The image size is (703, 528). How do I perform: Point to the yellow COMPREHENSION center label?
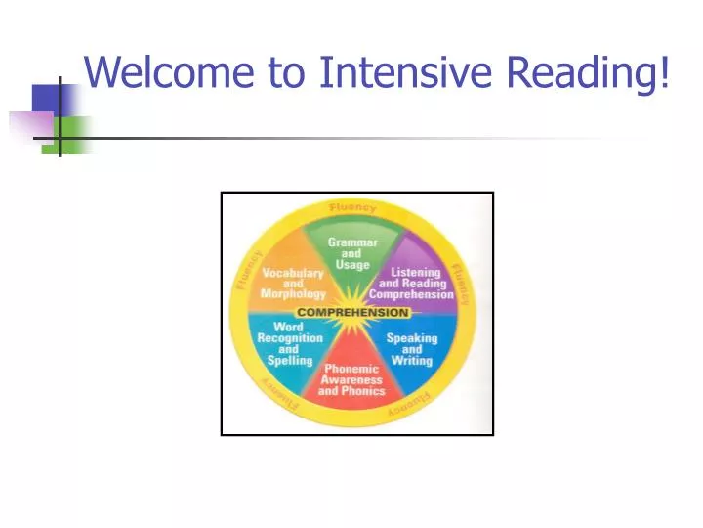click(x=352, y=313)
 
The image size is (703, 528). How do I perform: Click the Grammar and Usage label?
click(x=351, y=253)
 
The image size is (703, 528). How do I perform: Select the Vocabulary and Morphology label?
click(x=293, y=285)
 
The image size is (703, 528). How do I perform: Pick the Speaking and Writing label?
click(x=412, y=349)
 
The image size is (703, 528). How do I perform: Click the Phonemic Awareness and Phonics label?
click(x=351, y=380)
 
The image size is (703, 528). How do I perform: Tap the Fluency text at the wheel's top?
click(x=351, y=208)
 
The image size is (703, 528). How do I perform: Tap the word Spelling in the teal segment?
click(x=289, y=360)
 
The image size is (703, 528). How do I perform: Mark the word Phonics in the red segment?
click(x=364, y=391)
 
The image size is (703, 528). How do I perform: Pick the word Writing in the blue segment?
click(x=412, y=360)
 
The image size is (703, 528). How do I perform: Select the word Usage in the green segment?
click(x=351, y=265)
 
